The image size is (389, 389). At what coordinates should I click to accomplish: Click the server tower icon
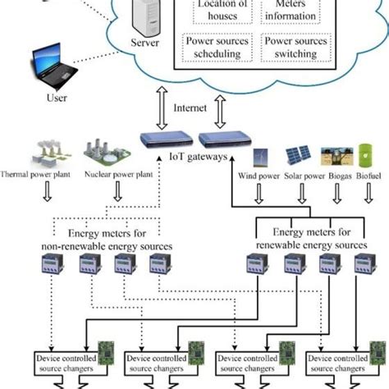tap(145, 16)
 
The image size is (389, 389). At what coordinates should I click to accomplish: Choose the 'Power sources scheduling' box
tap(213, 46)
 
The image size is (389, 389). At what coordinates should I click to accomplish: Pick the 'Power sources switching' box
tap(292, 46)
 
